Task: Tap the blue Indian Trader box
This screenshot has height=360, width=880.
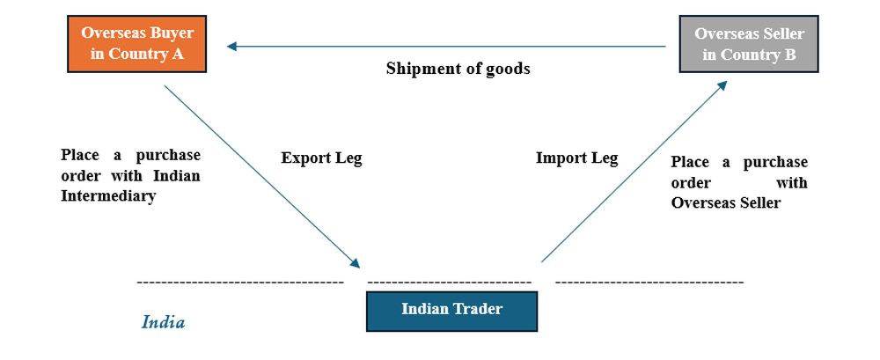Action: [x=451, y=309]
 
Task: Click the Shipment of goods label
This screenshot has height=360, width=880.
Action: [x=458, y=69]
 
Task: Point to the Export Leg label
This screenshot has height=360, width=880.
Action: [x=321, y=158]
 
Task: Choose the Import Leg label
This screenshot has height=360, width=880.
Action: [x=576, y=158]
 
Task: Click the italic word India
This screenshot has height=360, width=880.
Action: [x=164, y=322]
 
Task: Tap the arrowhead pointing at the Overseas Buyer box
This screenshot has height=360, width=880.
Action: [x=231, y=47]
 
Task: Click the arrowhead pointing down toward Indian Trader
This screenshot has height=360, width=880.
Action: [x=355, y=263]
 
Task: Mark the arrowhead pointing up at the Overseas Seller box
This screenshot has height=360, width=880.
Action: [x=722, y=84]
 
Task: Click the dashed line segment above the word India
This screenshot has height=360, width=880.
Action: [x=240, y=282]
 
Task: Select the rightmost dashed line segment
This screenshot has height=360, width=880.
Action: [x=649, y=282]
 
